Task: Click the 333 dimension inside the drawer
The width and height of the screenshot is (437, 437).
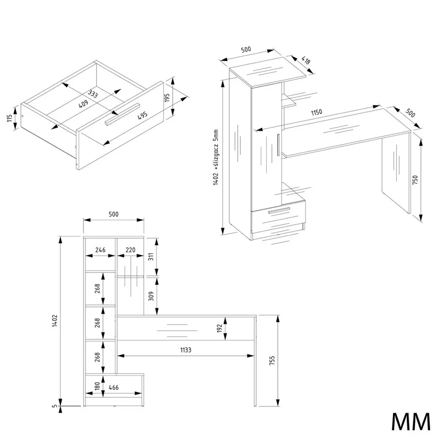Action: pyautogui.click(x=93, y=94)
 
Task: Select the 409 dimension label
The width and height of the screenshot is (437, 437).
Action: pyautogui.click(x=84, y=104)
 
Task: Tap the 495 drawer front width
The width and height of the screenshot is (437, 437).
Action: pyautogui.click(x=142, y=116)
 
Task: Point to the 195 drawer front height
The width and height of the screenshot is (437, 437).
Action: pyautogui.click(x=167, y=98)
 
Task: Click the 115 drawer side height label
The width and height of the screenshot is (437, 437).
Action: pyautogui.click(x=10, y=118)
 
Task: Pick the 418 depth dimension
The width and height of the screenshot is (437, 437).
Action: pyautogui.click(x=306, y=61)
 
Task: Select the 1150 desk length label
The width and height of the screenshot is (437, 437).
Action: pyautogui.click(x=317, y=112)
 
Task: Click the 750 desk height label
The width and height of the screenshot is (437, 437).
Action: pyautogui.click(x=415, y=180)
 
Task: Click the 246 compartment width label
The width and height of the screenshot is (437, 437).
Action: pyautogui.click(x=101, y=250)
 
